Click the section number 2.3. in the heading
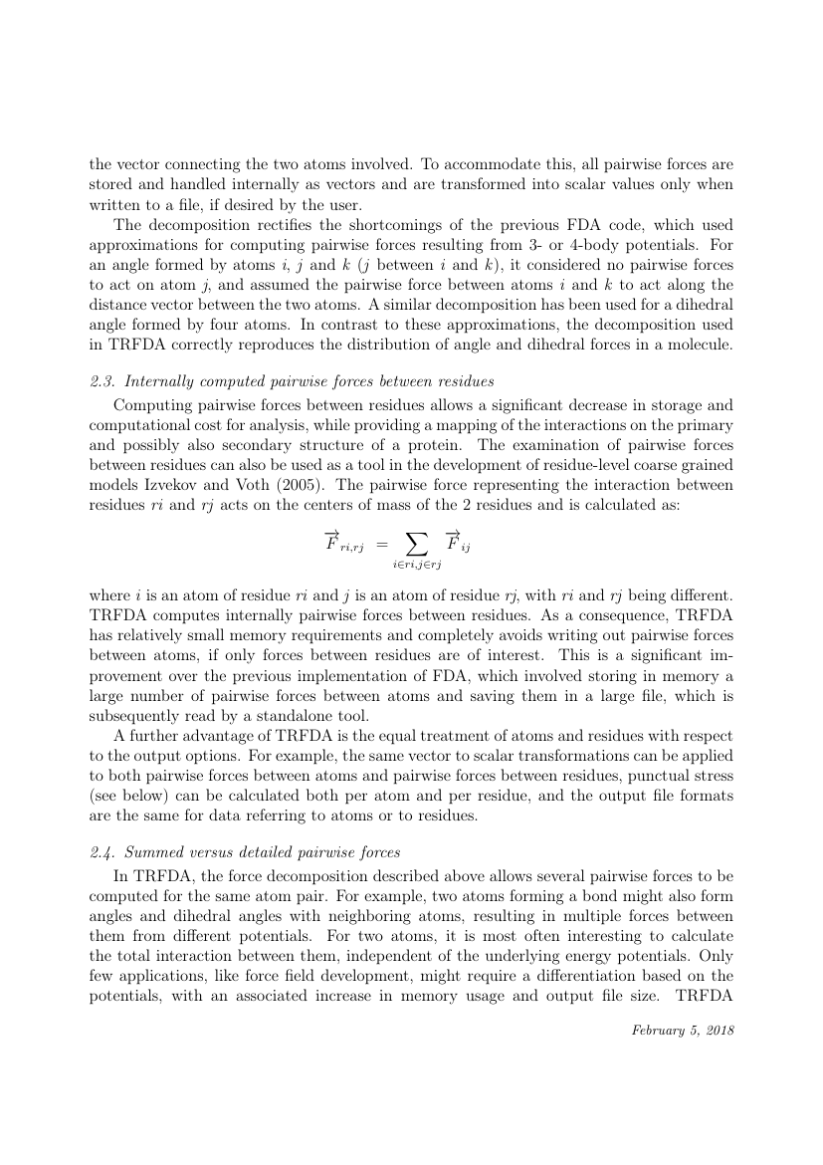click(x=103, y=381)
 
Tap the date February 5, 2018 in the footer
click(x=683, y=1030)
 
